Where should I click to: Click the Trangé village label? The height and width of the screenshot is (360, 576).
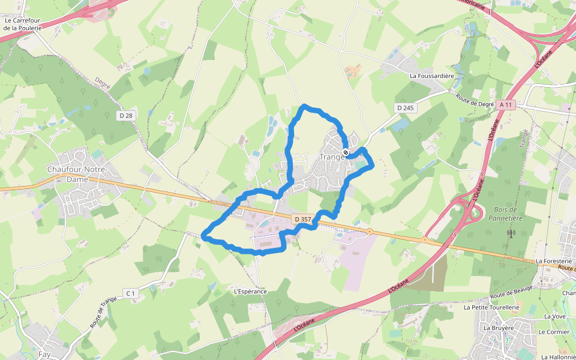[333, 157]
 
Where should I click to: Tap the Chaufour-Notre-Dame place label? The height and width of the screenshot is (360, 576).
[77, 174]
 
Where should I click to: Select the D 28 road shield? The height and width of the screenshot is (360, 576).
[125, 115]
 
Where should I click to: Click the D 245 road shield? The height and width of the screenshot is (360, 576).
[406, 107]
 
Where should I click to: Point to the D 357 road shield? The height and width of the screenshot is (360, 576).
[303, 220]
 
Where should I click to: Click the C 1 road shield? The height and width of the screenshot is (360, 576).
[131, 293]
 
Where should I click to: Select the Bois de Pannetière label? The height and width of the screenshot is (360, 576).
[509, 214]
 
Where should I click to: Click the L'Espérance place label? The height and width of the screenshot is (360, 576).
[250, 292]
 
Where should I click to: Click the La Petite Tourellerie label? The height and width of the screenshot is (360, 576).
[491, 307]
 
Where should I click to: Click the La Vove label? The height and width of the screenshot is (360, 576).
[554, 316]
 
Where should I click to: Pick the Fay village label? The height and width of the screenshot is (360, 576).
[44, 355]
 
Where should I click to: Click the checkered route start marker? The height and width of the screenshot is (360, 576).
[346, 151]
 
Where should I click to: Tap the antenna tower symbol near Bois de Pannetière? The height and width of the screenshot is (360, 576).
[511, 233]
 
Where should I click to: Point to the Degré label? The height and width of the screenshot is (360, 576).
[103, 83]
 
